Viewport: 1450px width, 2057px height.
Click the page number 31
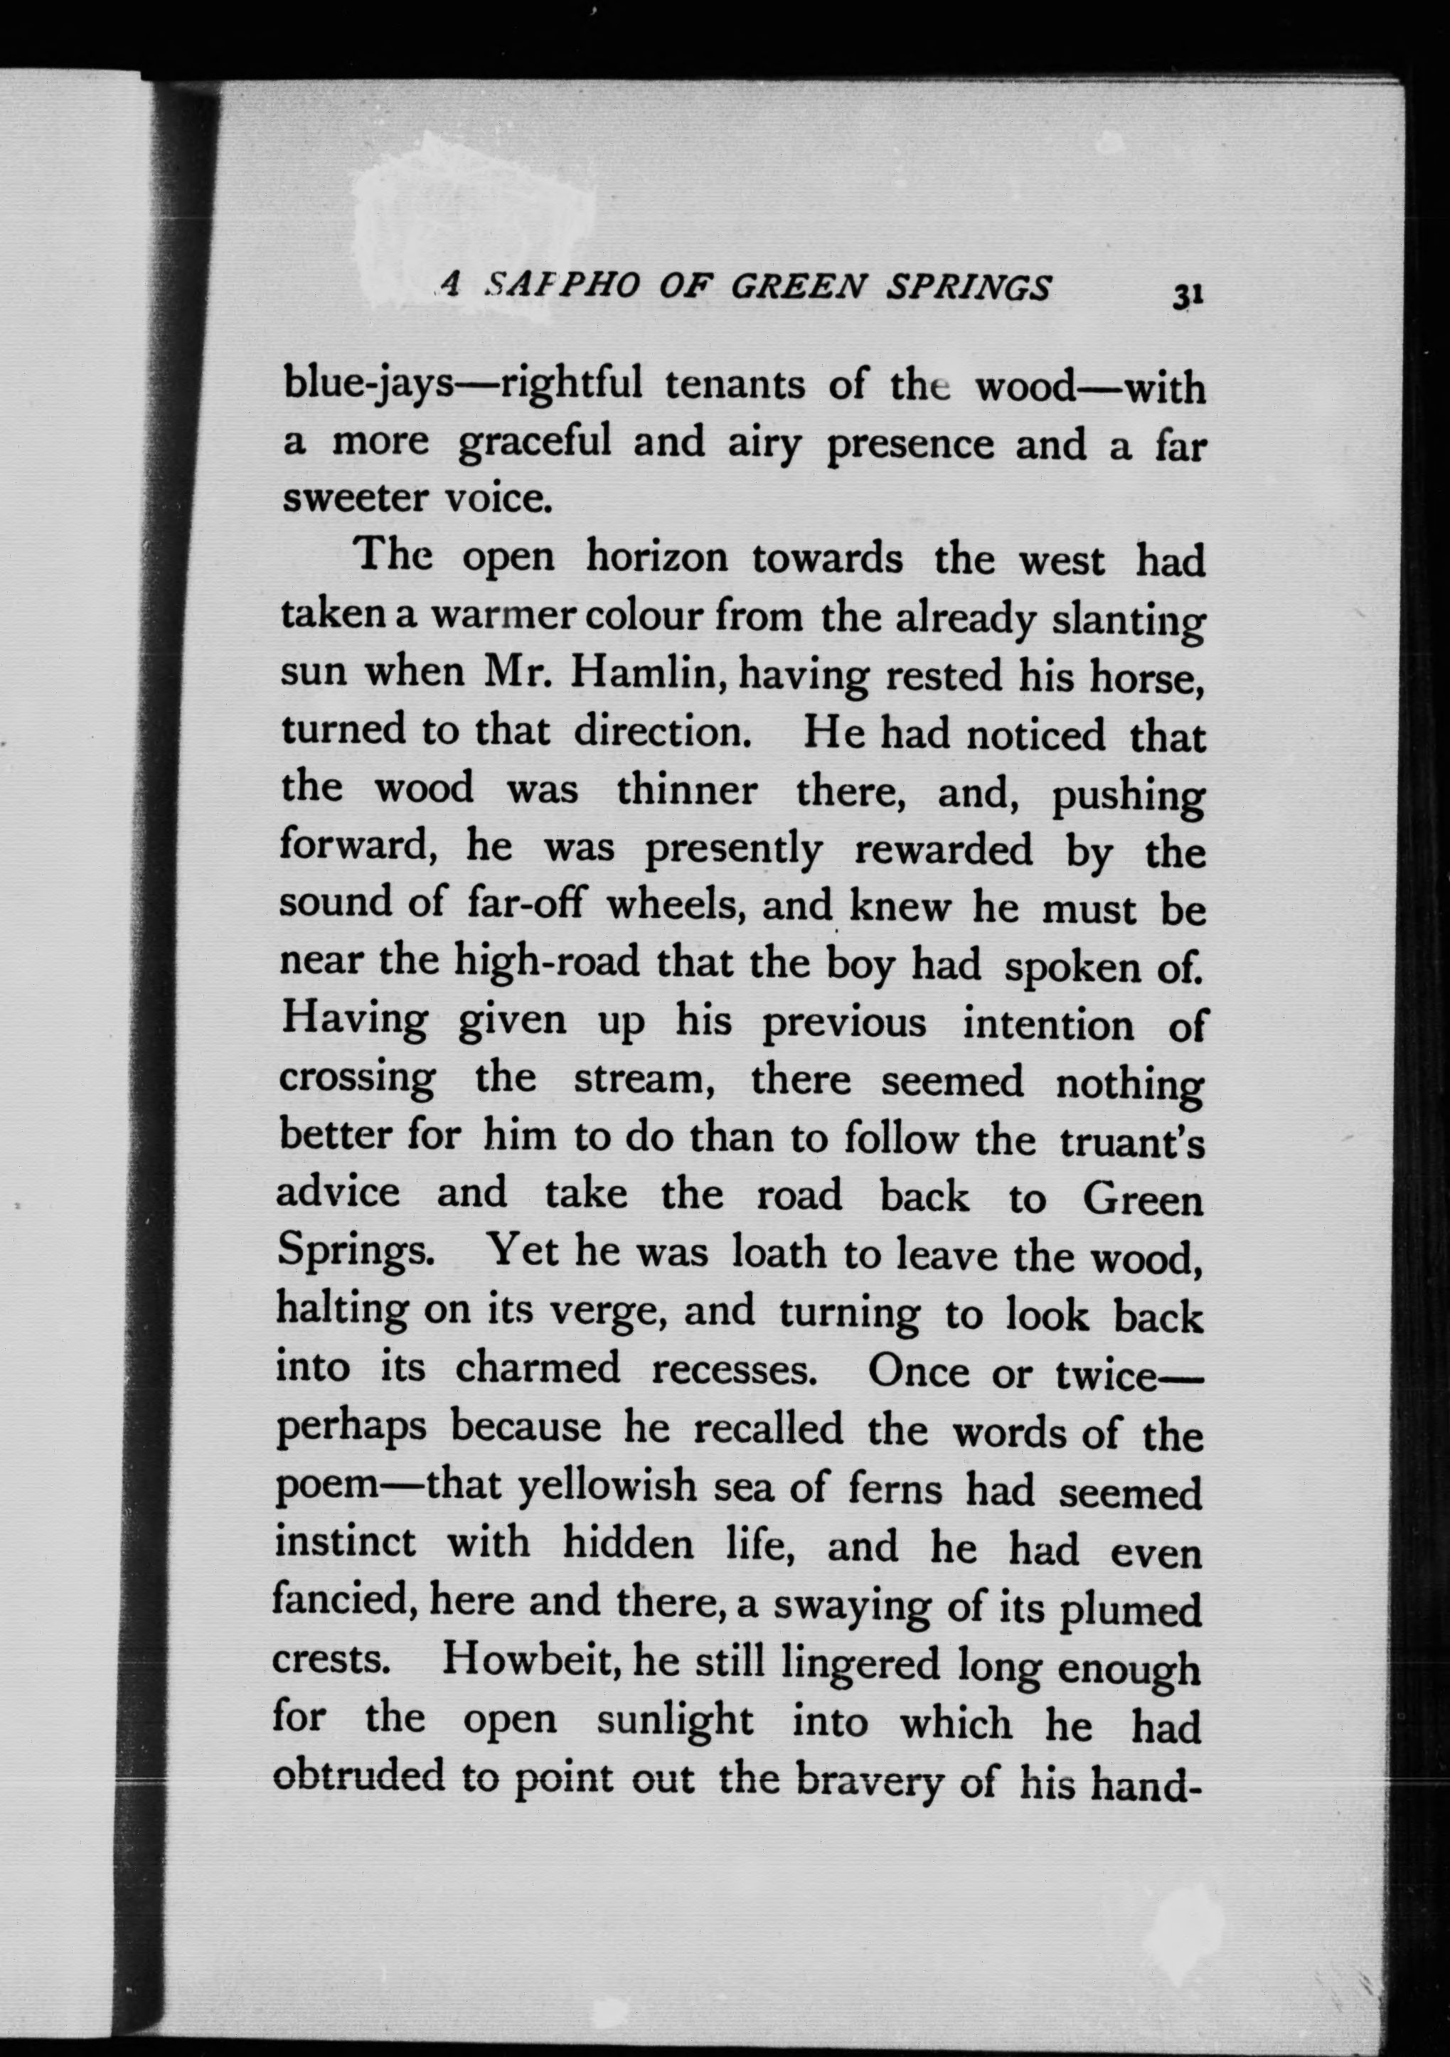(1185, 296)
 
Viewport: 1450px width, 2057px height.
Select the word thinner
(686, 791)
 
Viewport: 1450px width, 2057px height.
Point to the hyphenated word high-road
(548, 963)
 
